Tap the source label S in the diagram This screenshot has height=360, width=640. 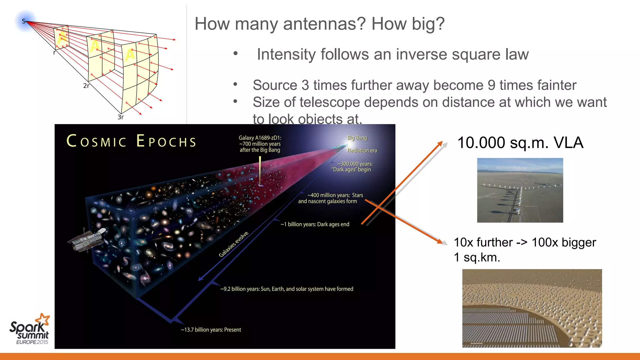[x=24, y=21]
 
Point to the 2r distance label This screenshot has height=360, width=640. [x=86, y=86]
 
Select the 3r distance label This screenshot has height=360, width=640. [x=121, y=117]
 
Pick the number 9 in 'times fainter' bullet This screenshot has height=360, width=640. [x=491, y=85]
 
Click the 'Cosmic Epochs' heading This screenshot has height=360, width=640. [x=131, y=141]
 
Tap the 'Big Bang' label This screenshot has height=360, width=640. [x=357, y=138]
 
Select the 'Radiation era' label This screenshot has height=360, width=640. [x=362, y=150]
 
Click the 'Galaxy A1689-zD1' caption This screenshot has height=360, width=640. [x=260, y=144]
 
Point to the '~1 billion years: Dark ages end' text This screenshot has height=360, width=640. [x=315, y=224]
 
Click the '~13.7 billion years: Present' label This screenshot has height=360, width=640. [x=211, y=330]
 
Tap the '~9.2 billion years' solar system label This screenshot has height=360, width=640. [x=287, y=289]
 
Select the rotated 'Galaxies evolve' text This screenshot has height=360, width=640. [x=233, y=244]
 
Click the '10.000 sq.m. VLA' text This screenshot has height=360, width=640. [x=520, y=143]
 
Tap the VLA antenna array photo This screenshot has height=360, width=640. [x=520, y=190]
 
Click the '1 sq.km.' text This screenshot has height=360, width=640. [x=477, y=257]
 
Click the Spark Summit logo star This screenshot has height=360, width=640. [x=43, y=320]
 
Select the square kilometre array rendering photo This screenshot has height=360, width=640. [x=532, y=308]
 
